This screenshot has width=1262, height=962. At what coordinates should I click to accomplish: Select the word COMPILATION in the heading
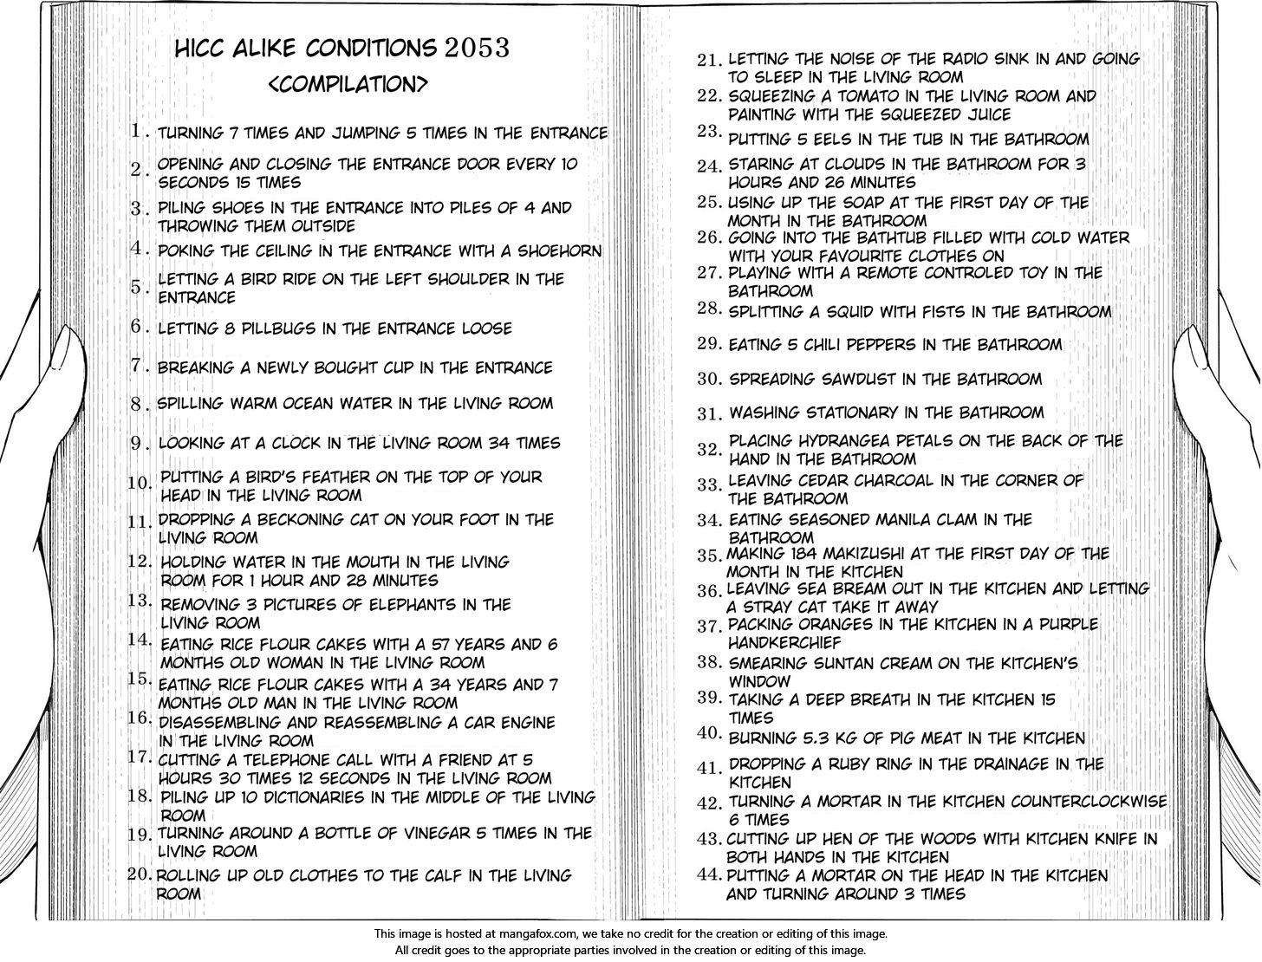click(x=348, y=84)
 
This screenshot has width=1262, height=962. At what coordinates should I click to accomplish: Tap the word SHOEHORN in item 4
click(x=559, y=251)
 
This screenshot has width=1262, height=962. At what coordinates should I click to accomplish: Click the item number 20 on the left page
click(x=140, y=874)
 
